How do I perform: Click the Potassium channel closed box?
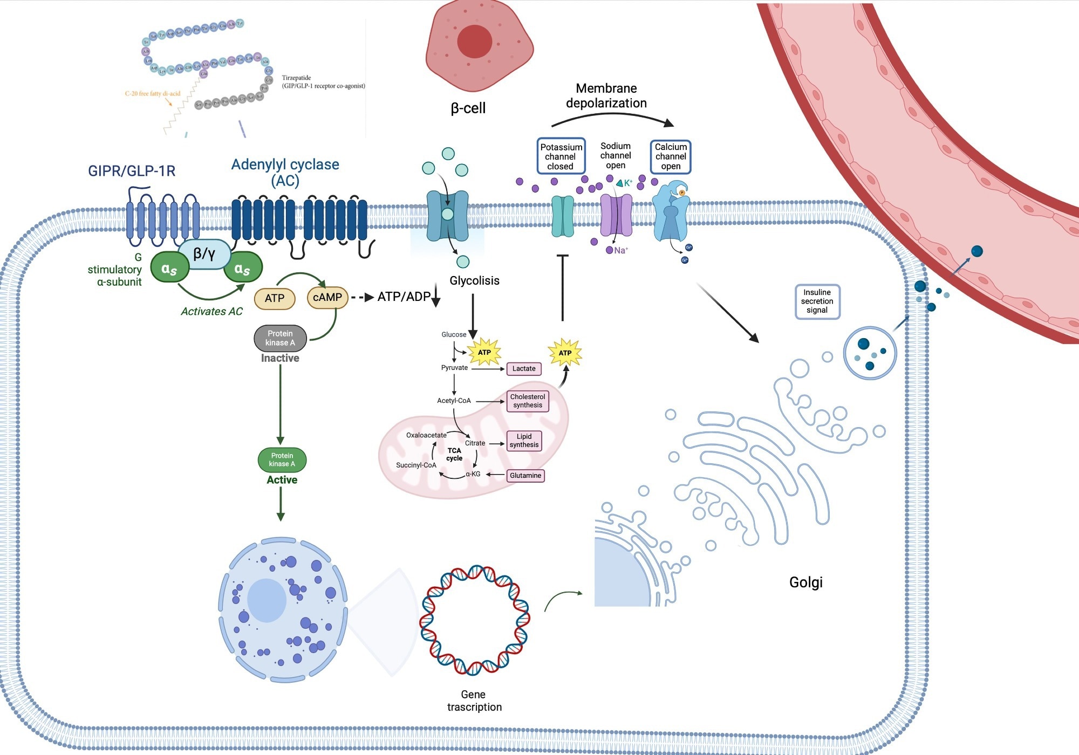click(x=561, y=156)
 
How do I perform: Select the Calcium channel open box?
click(x=671, y=156)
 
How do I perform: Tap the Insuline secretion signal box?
click(x=817, y=301)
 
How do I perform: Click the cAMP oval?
click(x=327, y=298)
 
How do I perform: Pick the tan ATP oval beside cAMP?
click(x=275, y=298)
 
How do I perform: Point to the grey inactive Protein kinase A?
click(x=280, y=338)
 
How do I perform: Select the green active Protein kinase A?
click(x=282, y=459)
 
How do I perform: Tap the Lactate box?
click(x=524, y=369)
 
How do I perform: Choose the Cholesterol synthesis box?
click(x=528, y=401)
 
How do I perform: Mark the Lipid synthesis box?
click(x=524, y=441)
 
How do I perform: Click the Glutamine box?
click(x=525, y=476)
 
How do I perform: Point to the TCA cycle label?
click(x=454, y=454)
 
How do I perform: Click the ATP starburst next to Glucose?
click(x=484, y=353)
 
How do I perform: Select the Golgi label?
click(x=805, y=582)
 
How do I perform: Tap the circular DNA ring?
click(x=475, y=620)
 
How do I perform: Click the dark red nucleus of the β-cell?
click(x=474, y=42)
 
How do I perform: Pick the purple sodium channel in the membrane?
click(x=616, y=216)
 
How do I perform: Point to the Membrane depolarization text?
click(x=606, y=96)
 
